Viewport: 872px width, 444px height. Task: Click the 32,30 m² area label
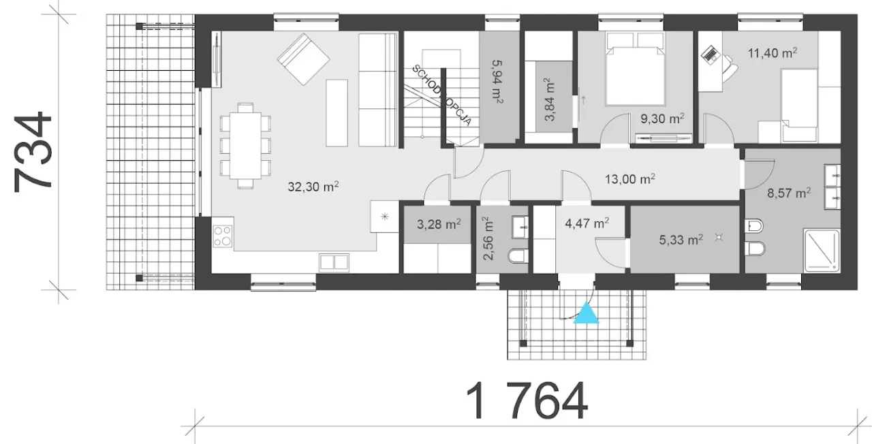click(313, 187)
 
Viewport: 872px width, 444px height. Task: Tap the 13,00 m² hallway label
click(630, 178)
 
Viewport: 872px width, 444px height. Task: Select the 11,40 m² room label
click(773, 52)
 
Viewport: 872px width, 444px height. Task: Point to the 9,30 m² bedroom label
click(663, 118)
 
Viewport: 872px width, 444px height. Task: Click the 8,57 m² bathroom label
click(789, 193)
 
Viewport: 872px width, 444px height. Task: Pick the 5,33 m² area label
click(681, 239)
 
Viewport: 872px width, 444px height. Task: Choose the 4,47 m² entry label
click(587, 223)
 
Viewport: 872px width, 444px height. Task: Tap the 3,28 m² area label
click(439, 224)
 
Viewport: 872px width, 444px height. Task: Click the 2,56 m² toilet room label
click(488, 238)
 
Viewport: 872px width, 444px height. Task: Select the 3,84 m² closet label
click(549, 99)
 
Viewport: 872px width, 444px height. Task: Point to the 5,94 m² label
click(497, 82)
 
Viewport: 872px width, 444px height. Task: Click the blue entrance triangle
click(587, 313)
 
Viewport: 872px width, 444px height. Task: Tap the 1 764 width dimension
click(527, 400)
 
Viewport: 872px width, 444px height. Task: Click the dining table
click(245, 146)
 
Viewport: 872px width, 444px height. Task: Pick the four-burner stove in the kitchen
click(223, 236)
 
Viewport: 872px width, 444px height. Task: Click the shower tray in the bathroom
click(822, 250)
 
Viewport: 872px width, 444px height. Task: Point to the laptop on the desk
click(710, 54)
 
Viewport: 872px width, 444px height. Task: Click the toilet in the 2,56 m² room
click(518, 256)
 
